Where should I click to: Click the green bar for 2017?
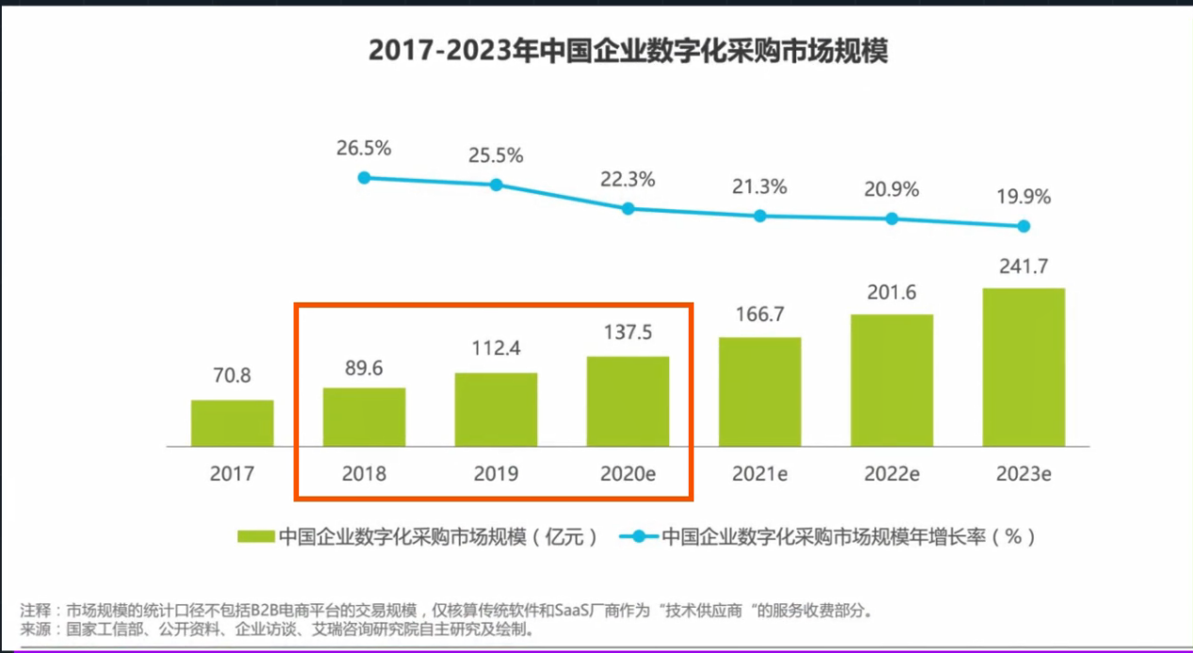click(232, 423)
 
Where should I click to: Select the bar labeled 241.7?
click(1023, 367)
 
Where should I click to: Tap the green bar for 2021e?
click(760, 392)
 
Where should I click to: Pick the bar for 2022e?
click(891, 380)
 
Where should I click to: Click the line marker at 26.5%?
click(365, 177)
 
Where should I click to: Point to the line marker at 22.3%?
click(629, 208)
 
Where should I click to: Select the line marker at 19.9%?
click(1023, 226)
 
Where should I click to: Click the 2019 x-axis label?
click(496, 473)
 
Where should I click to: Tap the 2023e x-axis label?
click(1023, 473)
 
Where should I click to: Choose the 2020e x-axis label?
click(628, 473)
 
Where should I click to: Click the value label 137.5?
click(628, 333)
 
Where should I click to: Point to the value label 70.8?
click(232, 376)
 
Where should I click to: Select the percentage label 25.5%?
click(496, 156)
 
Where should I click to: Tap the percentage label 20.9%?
click(891, 189)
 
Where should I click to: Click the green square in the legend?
click(254, 537)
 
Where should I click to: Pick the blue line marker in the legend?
click(638, 537)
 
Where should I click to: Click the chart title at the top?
click(628, 51)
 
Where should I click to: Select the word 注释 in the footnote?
click(36, 610)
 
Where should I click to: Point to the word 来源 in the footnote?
click(36, 629)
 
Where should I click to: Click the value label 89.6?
click(364, 367)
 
